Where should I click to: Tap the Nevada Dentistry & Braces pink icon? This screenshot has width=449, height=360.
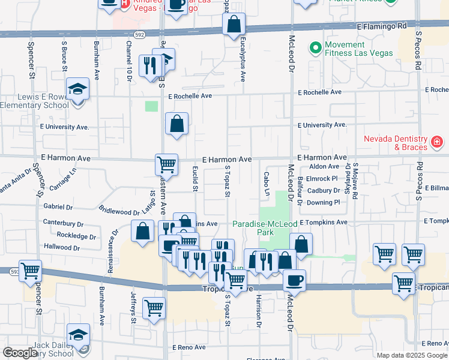(437, 143)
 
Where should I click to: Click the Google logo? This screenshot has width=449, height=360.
(20, 353)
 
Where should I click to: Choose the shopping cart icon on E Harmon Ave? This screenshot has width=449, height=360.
(166, 163)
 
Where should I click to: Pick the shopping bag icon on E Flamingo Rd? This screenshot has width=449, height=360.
(234, 25)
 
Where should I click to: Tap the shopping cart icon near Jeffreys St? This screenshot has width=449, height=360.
(154, 308)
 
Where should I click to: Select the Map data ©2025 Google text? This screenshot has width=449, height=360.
(412, 355)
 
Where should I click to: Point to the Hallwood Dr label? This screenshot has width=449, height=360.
(62, 247)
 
